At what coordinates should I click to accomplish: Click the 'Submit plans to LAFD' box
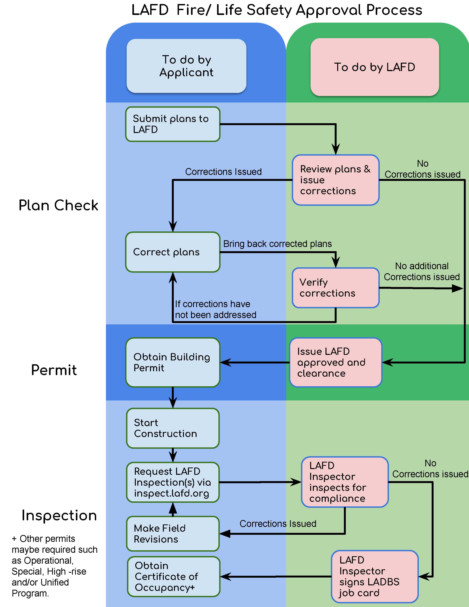173,124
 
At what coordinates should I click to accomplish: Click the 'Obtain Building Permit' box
173,363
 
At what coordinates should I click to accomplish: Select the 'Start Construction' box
173,428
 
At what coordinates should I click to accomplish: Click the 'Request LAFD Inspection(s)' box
173,482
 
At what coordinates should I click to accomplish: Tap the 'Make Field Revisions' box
173,534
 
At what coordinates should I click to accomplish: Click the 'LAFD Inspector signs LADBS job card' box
375,576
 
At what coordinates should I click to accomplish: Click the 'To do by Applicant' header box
186,66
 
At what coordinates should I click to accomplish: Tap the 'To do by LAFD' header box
375,67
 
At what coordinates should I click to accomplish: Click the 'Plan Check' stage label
58,205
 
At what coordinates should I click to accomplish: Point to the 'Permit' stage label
54,370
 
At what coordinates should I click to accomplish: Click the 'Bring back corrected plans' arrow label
277,244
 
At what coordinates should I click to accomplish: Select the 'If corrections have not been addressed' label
215,309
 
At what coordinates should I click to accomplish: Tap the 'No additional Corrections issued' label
421,271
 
